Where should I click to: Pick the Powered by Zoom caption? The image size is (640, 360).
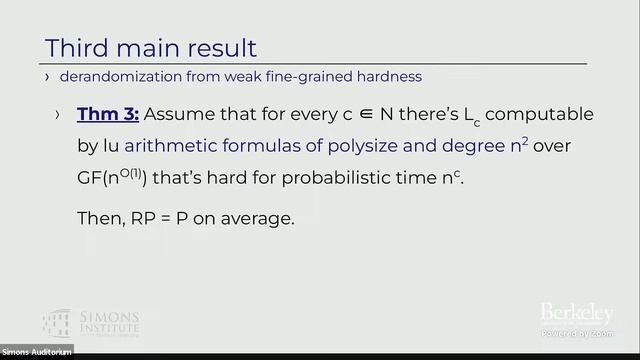pyautogui.click(x=576, y=332)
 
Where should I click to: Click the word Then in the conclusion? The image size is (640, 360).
pyautogui.click(x=97, y=219)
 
